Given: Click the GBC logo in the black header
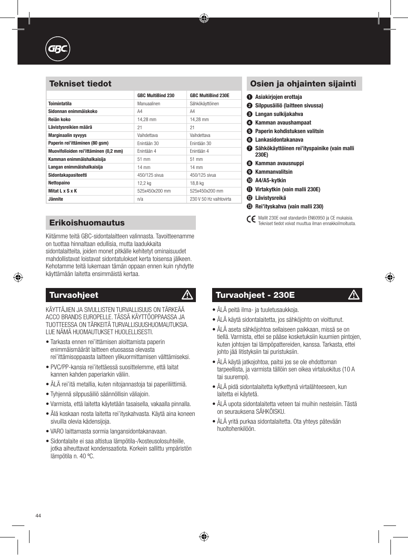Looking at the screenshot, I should [x=57, y=49].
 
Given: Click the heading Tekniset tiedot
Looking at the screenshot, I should [x=80, y=84].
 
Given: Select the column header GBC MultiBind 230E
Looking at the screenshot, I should [x=210, y=95].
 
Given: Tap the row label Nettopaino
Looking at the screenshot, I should [x=59, y=183].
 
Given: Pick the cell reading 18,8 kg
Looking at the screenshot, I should [x=197, y=183].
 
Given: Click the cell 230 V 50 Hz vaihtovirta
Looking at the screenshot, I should [x=210, y=199].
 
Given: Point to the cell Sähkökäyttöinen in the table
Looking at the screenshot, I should [x=204, y=104].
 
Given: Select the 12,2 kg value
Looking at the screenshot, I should [x=144, y=183].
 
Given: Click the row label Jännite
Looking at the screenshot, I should [x=56, y=199].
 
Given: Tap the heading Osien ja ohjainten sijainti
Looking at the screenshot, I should [x=303, y=84].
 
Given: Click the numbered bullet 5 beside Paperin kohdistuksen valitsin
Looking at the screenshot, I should [x=250, y=131].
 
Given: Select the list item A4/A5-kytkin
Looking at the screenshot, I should [x=270, y=181].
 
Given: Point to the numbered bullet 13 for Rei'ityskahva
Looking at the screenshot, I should [x=250, y=207].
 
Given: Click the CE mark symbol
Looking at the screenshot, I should [x=251, y=220].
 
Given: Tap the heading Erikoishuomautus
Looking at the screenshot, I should [x=87, y=223].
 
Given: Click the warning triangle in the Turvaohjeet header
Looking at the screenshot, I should [x=187, y=295].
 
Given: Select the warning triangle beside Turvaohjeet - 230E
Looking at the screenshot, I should [x=354, y=295].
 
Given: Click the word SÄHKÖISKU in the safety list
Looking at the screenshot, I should [x=268, y=412].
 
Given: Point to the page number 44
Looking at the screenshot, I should [x=38, y=516].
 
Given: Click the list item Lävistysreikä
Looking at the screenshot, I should [x=270, y=198].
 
